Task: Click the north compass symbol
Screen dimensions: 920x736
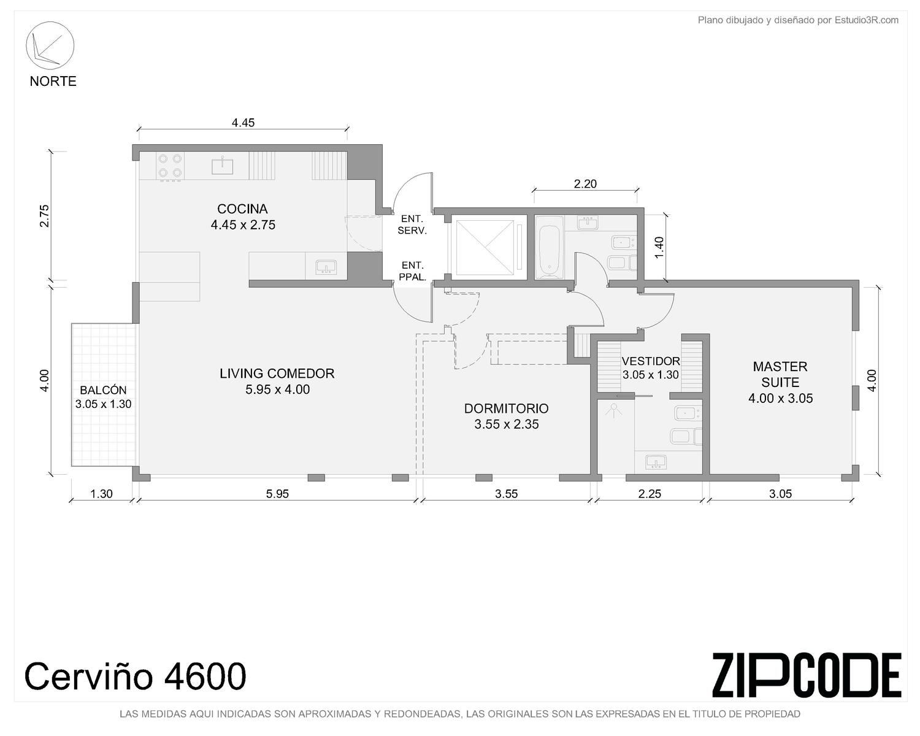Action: [50, 45]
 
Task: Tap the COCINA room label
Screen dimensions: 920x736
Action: [242, 209]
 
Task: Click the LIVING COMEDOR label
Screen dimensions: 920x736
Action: [277, 374]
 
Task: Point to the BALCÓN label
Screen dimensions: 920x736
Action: [103, 390]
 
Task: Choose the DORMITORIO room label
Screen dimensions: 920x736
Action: [506, 408]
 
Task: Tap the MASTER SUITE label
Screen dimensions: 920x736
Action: [780, 374]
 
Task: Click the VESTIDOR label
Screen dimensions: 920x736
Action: [651, 361]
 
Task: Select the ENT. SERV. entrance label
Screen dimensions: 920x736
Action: [412, 224]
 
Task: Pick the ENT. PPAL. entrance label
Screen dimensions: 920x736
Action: [413, 271]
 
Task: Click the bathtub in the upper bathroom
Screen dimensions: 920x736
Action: [549, 248]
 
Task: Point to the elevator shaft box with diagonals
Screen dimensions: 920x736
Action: [485, 248]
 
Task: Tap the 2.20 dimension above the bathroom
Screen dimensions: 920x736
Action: [585, 184]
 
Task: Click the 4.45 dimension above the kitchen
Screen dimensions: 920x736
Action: [243, 123]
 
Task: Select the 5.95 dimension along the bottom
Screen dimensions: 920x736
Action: [277, 494]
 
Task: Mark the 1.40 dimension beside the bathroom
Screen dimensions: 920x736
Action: [659, 247]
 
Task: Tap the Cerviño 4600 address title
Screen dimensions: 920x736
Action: [135, 676]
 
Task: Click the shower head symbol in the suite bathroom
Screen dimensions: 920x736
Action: [614, 412]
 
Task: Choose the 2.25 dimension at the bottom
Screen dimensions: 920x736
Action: [650, 494]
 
